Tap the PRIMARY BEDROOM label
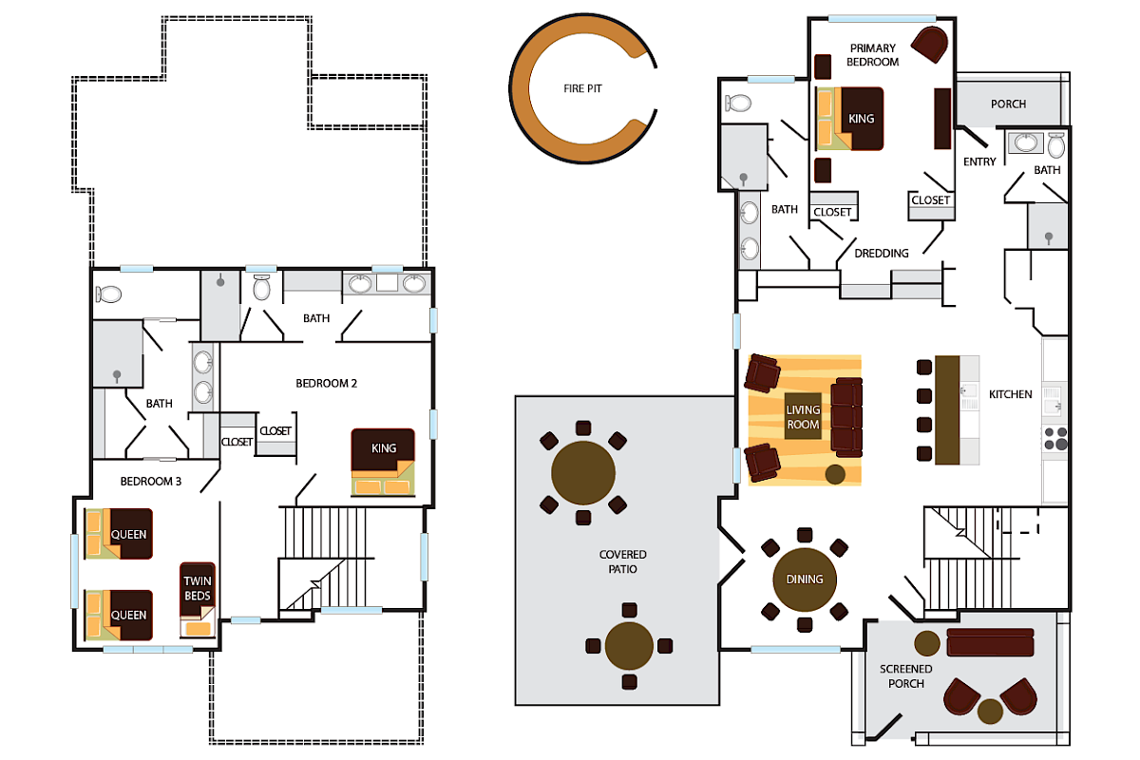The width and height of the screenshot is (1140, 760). [x=874, y=55]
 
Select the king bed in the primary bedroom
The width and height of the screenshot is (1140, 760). [x=850, y=119]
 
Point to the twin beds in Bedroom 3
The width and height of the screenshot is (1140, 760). [x=199, y=599]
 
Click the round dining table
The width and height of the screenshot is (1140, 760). [x=804, y=579]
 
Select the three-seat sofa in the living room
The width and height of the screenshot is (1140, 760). [x=846, y=416]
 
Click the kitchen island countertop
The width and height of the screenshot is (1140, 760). [x=947, y=409]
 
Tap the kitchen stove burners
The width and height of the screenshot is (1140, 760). [x=1056, y=438]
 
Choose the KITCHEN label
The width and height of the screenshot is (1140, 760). [x=1010, y=394]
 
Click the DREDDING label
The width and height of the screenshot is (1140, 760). [x=882, y=254]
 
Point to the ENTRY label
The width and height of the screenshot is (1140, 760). [x=979, y=162]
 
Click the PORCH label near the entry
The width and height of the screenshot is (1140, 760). [x=1008, y=104]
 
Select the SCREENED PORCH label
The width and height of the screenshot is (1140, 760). [x=905, y=676]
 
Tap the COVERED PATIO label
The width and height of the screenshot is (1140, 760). [x=623, y=561]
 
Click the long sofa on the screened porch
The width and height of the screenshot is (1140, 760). [x=990, y=642]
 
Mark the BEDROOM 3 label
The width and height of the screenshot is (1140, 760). [x=150, y=482]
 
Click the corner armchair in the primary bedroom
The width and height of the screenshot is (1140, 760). [x=930, y=44]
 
